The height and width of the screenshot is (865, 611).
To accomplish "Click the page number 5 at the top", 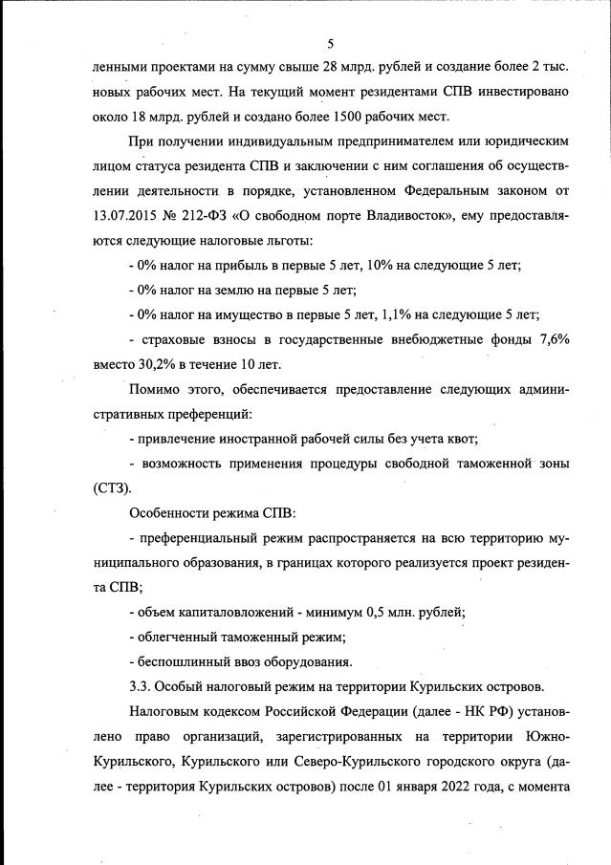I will (x=330, y=43).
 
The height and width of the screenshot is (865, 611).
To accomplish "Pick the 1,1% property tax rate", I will (x=398, y=314).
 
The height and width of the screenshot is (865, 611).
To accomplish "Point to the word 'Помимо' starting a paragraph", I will (x=156, y=389).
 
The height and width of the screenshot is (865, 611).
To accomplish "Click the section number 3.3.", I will (x=140, y=686).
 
